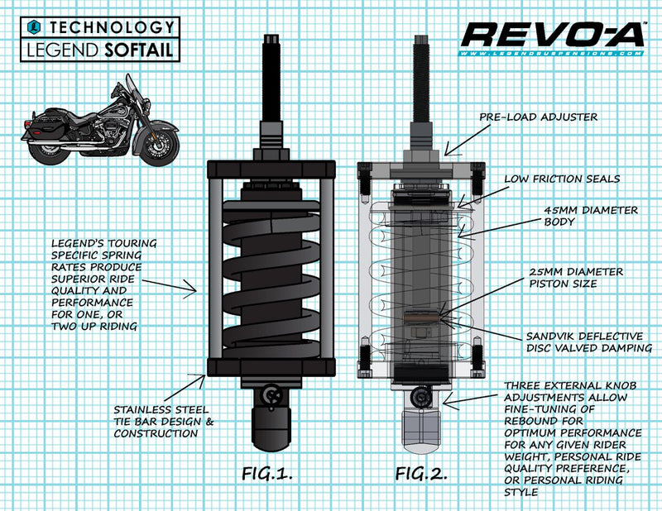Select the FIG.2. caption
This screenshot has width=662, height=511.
pos(423,475)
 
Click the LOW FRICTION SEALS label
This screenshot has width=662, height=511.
pos(562,179)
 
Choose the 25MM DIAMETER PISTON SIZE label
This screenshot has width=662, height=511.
pos(578,278)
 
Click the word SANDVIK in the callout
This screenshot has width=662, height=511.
pos(551,336)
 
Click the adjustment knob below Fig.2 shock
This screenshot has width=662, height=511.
pos(423,399)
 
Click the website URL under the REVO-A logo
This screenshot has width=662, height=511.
pos(552,54)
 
